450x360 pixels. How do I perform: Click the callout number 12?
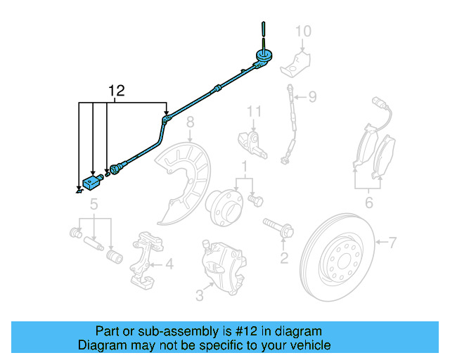[x=116, y=90]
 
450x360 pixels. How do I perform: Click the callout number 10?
[x=302, y=31]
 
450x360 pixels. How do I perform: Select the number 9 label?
[x=312, y=96]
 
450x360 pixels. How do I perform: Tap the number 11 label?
[x=253, y=111]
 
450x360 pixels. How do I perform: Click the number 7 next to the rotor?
[x=392, y=243]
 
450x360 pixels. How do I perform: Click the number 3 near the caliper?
[x=200, y=296]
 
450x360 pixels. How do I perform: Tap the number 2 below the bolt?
[x=284, y=258]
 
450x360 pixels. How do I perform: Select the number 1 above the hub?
[x=245, y=167]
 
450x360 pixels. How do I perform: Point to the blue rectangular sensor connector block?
[x=92, y=181]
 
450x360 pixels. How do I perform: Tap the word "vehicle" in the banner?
[x=308, y=345]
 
